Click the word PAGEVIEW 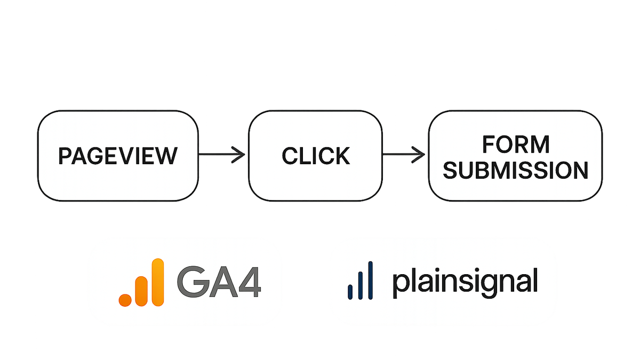pyautogui.click(x=118, y=156)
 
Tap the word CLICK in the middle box pyautogui.click(x=316, y=156)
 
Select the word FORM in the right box pyautogui.click(x=516, y=145)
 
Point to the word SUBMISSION pyautogui.click(x=515, y=171)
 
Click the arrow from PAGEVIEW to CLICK pyautogui.click(x=222, y=155)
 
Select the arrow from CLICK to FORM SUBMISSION pyautogui.click(x=403, y=155)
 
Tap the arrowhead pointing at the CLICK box pyautogui.click(x=239, y=155)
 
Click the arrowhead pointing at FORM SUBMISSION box pyautogui.click(x=419, y=155)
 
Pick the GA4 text pyautogui.click(x=219, y=282)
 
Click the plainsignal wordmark pyautogui.click(x=466, y=282)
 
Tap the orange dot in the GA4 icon pyautogui.click(x=125, y=300)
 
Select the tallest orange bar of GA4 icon pyautogui.click(x=158, y=282)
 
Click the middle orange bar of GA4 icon pyautogui.click(x=141, y=291)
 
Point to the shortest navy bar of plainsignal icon pyautogui.click(x=350, y=292)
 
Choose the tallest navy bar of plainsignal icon pyautogui.click(x=370, y=281)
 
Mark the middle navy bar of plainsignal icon pyautogui.click(x=361, y=285)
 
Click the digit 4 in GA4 pyautogui.click(x=250, y=282)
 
